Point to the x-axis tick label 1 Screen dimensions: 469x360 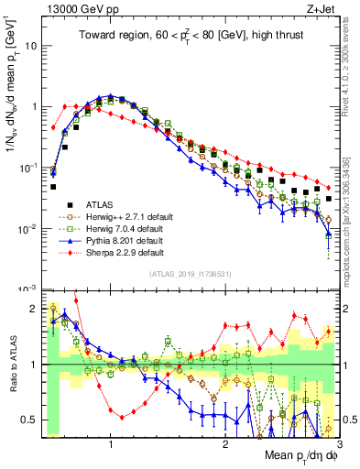click(x=111, y=444)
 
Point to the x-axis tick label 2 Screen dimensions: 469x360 click(x=225, y=444)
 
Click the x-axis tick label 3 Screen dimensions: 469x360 click(x=339, y=444)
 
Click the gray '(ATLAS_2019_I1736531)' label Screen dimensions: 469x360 click(x=191, y=274)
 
